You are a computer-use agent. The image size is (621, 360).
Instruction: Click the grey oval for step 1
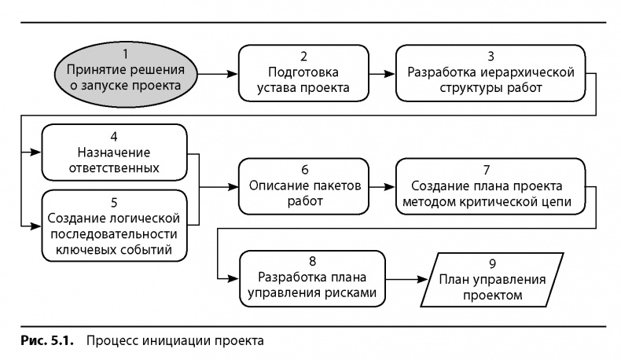click(x=124, y=72)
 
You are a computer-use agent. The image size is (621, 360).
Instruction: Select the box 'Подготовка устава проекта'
click(x=303, y=72)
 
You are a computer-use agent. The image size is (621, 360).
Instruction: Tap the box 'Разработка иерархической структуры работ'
click(x=491, y=72)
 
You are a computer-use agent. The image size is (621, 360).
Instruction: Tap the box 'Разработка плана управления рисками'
click(x=313, y=277)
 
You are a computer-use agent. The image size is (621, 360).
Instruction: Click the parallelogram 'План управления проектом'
click(x=491, y=279)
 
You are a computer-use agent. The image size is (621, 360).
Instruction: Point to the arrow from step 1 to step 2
click(x=217, y=73)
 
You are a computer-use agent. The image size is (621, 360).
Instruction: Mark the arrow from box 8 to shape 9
click(x=406, y=279)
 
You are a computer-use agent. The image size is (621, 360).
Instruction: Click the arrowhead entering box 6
click(x=233, y=187)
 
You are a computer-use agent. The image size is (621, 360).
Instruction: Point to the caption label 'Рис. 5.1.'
click(x=47, y=342)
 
